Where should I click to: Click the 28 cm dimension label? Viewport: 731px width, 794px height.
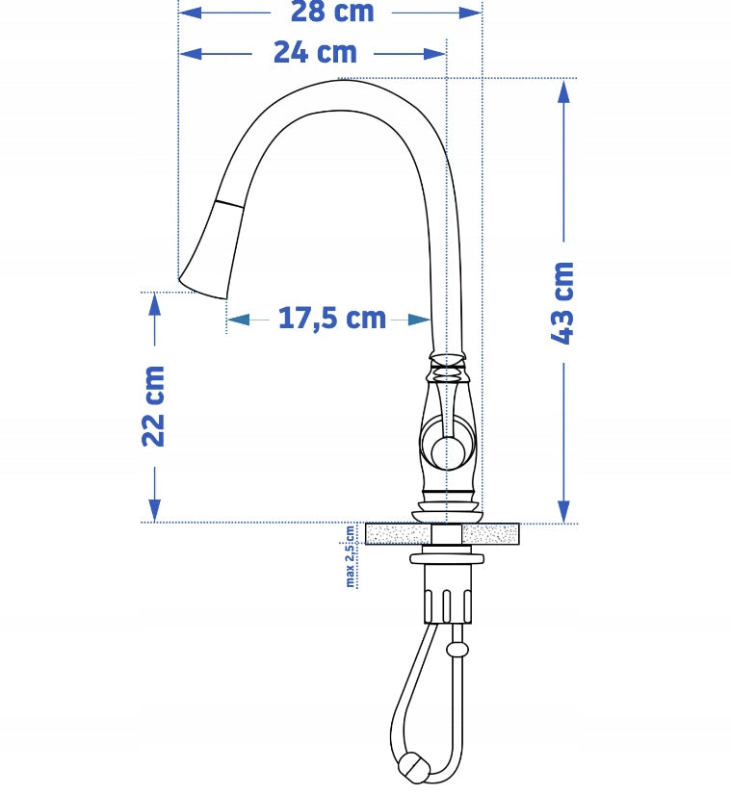[x=332, y=12]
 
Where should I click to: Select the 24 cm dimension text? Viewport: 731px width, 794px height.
[x=315, y=52]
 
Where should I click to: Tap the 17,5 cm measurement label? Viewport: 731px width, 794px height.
[x=332, y=318]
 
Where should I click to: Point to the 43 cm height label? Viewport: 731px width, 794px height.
[x=562, y=303]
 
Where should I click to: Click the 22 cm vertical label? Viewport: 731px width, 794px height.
[x=153, y=406]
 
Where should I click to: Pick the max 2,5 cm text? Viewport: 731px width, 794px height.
[x=350, y=556]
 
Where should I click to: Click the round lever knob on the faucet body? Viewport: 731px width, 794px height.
[x=448, y=451]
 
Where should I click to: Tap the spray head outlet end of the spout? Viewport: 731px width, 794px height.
[x=202, y=287]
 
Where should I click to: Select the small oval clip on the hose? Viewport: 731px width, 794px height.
[x=457, y=650]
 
